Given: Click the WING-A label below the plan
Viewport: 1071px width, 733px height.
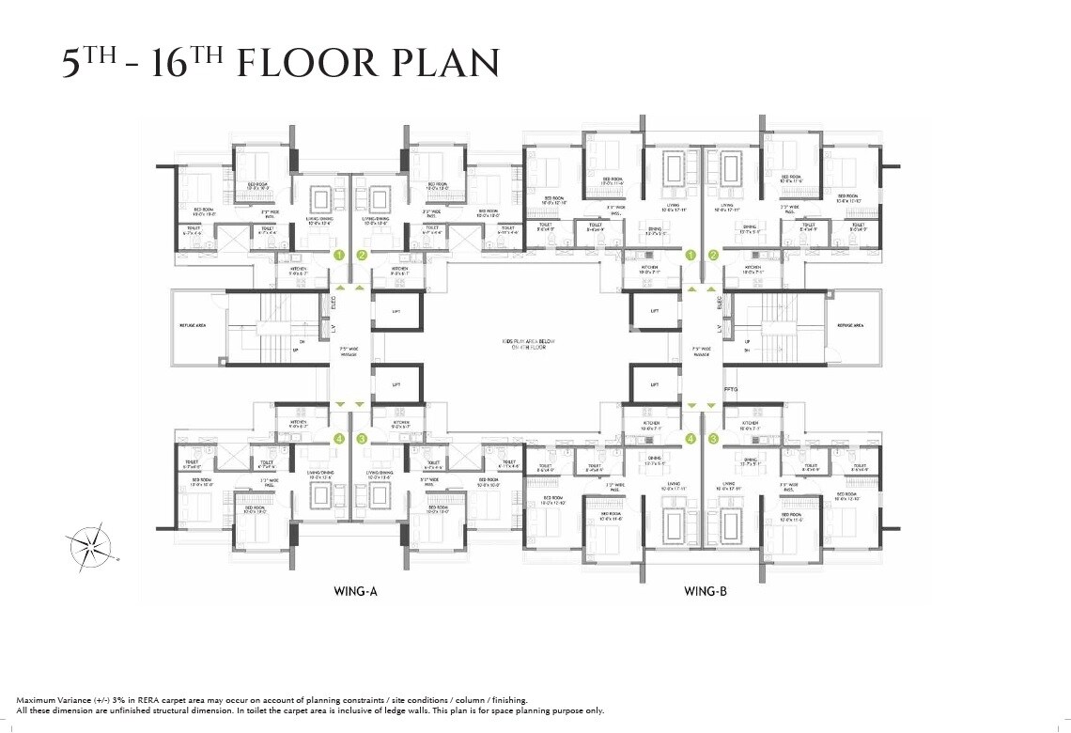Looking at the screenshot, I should point(355,592).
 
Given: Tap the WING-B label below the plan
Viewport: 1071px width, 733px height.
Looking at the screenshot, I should point(704,592).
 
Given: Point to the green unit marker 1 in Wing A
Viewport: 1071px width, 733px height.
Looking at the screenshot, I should point(339,255).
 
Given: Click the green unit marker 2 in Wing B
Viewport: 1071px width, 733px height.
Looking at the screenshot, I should point(714,255).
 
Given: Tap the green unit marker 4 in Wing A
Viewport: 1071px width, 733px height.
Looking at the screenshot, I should point(339,439).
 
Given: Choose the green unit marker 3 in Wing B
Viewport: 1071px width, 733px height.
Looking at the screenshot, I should point(714,438).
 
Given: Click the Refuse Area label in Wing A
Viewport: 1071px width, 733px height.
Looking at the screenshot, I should point(193,325).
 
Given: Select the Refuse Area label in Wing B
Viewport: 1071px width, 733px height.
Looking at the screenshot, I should point(850,324).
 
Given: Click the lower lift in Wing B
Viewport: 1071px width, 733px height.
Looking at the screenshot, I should point(654,384).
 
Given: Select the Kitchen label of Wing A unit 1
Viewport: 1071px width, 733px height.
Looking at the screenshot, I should point(299,271).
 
